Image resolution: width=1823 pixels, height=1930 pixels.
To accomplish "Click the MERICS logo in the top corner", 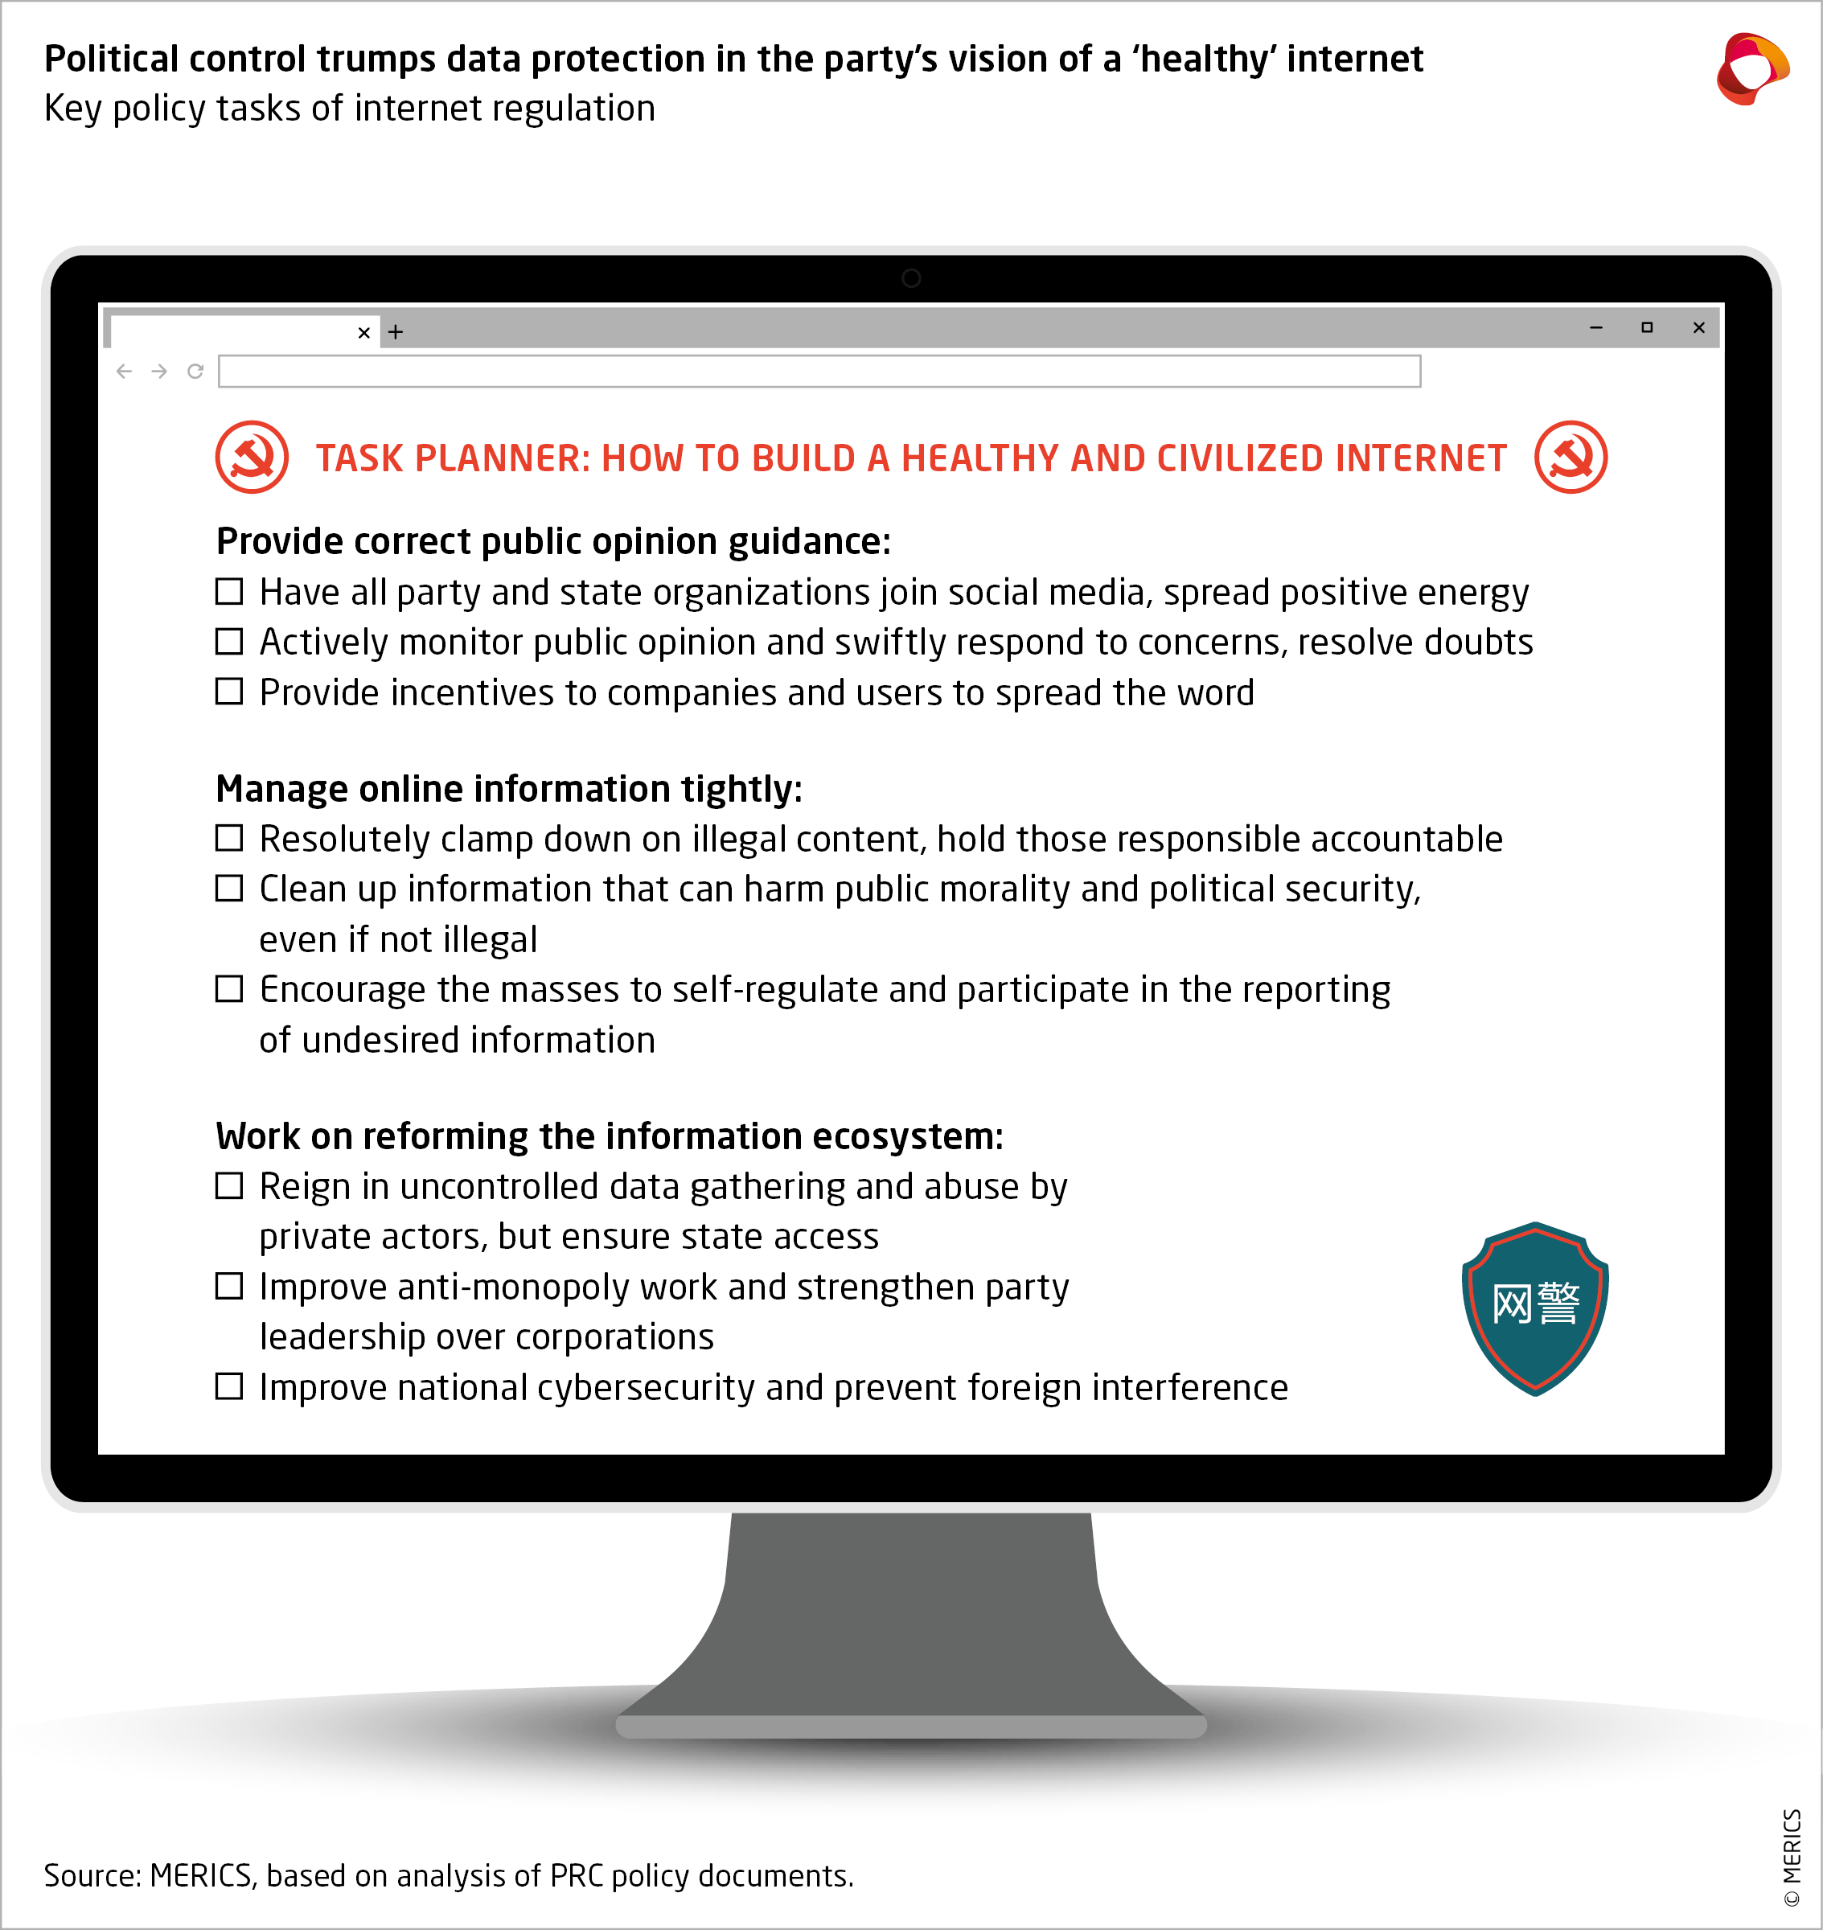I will coord(1752,68).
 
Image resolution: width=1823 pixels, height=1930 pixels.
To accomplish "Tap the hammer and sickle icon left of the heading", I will coord(252,457).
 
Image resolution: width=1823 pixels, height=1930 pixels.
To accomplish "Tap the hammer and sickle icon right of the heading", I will coord(1570,457).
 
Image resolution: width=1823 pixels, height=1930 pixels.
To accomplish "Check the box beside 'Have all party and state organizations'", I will coord(229,591).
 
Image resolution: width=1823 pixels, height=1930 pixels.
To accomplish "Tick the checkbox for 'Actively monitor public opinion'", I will coord(229,642).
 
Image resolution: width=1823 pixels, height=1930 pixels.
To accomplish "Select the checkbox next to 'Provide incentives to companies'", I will coord(229,691).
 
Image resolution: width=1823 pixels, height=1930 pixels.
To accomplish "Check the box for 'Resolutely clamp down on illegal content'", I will coord(229,838).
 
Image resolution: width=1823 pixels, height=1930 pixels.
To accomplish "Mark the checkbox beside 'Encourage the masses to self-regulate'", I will coord(229,988).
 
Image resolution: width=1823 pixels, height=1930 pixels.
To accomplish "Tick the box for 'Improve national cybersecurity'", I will coord(229,1386).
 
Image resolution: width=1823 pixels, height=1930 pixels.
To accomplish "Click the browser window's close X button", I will coord(1698,327).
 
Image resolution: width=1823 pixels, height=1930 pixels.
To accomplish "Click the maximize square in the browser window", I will coord(1647,327).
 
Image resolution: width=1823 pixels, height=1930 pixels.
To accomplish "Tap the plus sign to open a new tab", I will coord(396,332).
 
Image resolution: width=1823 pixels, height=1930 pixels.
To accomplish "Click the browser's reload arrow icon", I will coord(195,372).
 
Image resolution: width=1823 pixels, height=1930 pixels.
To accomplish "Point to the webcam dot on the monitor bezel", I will coord(910,279).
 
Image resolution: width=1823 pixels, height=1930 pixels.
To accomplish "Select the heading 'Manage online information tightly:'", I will coord(509,788).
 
